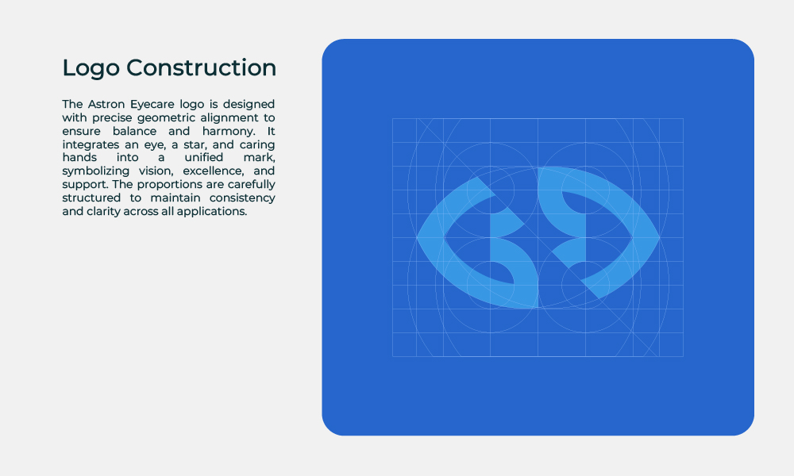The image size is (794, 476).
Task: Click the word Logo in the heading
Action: click(x=91, y=68)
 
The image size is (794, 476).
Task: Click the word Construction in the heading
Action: click(x=201, y=67)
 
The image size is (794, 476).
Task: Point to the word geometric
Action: click(x=166, y=118)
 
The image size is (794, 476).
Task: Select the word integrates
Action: click(x=91, y=145)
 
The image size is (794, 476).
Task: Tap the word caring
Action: click(x=257, y=145)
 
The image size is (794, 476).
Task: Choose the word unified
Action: click(x=203, y=157)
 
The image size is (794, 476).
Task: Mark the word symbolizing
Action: click(x=96, y=171)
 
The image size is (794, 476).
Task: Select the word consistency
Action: click(x=242, y=198)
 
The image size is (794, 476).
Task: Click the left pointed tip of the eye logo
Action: click(x=417, y=237)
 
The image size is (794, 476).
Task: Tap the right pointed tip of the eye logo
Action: click(x=660, y=237)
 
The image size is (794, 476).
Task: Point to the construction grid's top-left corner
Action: click(x=392, y=118)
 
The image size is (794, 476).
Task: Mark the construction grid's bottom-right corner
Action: click(x=684, y=357)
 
